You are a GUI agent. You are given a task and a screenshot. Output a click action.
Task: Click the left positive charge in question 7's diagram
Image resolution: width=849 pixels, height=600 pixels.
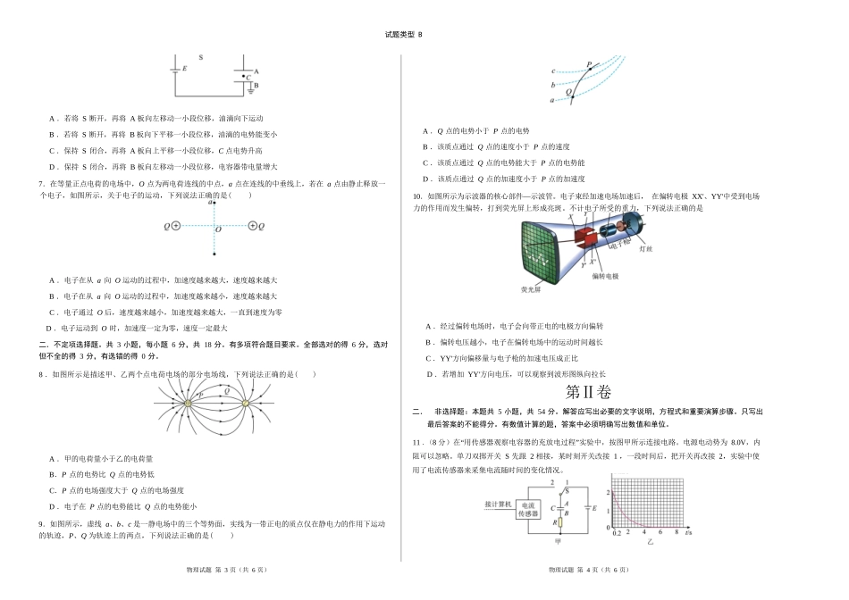175,226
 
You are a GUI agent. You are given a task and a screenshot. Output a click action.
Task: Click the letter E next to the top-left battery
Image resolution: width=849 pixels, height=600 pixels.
184,69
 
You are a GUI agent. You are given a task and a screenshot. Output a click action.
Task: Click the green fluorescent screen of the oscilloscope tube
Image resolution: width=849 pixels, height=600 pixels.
538,252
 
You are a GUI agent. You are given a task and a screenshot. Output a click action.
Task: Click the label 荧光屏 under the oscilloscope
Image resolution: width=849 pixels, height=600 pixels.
531,290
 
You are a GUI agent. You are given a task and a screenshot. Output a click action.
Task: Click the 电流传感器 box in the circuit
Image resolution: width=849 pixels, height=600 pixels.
528,510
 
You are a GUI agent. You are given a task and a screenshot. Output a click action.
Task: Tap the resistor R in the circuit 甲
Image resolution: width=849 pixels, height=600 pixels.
560,523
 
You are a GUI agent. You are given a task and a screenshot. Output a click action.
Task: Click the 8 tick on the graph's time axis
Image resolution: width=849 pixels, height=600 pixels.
676,532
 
